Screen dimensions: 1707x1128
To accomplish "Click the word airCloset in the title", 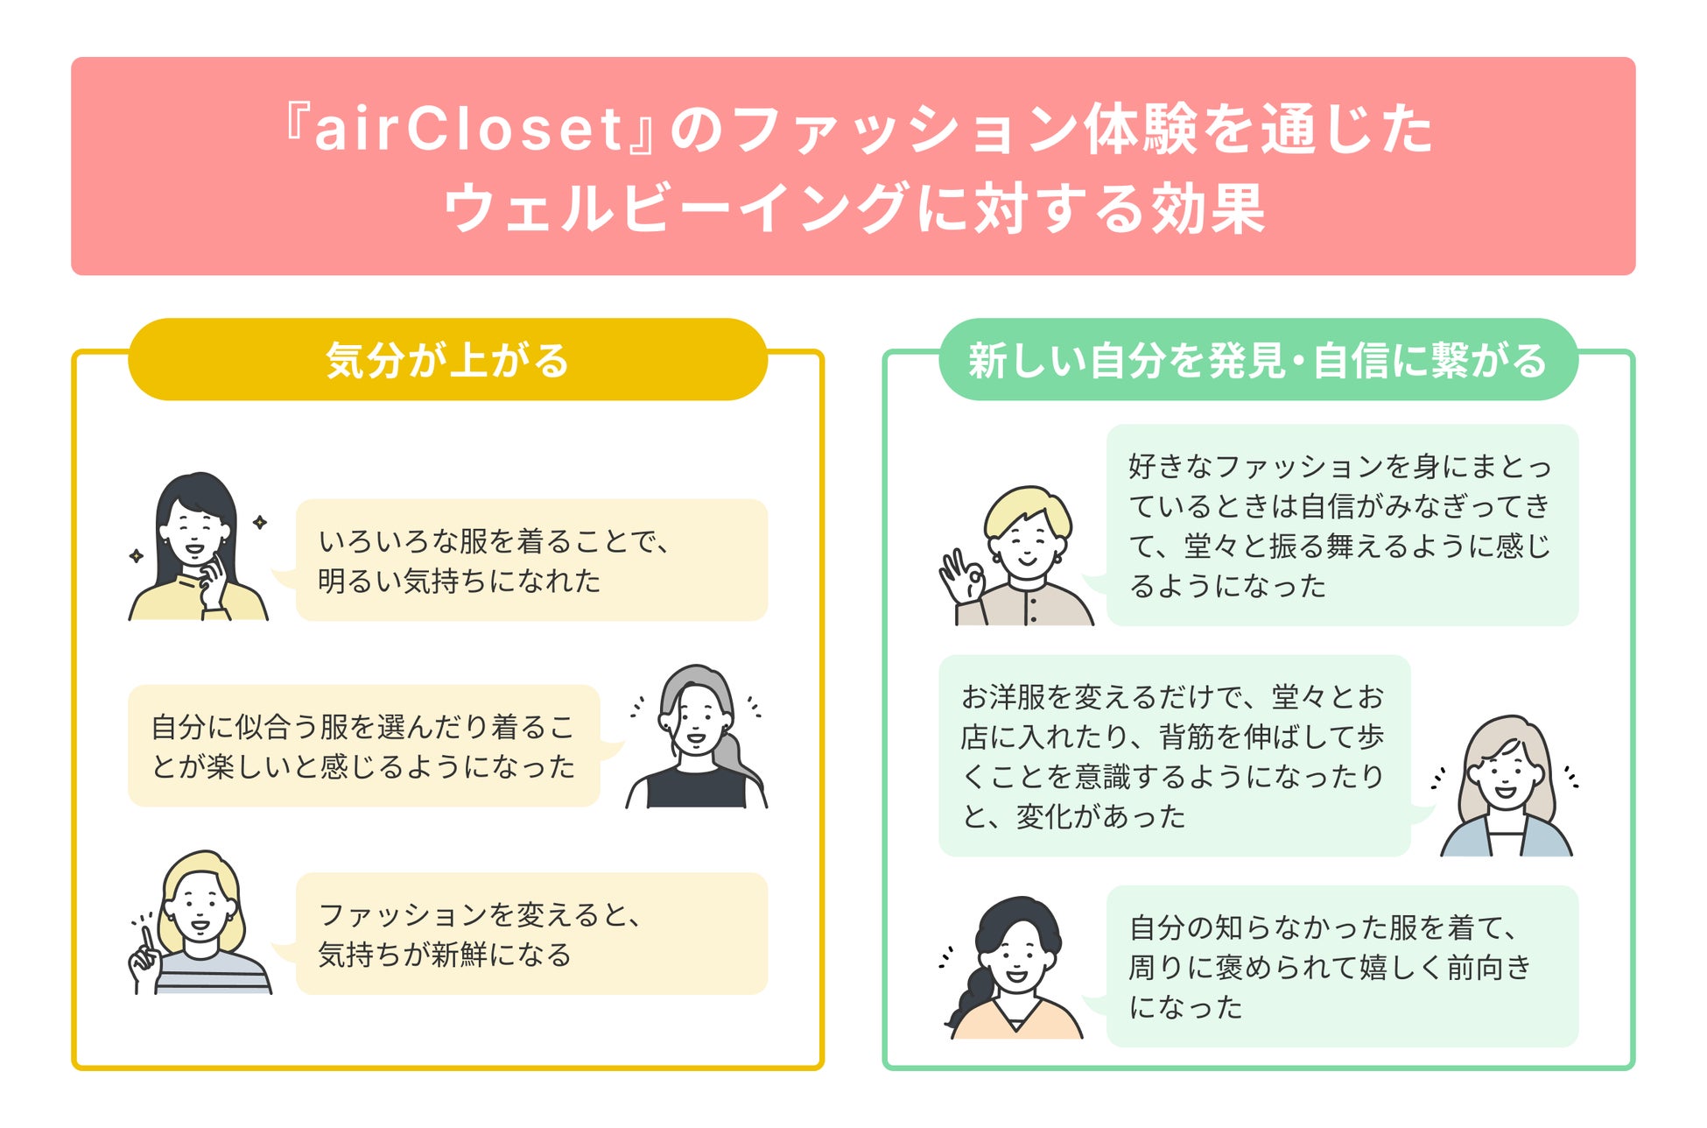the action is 467,130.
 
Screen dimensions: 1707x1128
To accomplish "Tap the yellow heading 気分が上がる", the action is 447,360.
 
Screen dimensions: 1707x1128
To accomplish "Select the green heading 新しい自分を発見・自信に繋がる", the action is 1257,360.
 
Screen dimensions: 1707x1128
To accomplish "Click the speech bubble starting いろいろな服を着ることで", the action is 531,560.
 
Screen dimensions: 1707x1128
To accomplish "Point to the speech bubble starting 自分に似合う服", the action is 363,746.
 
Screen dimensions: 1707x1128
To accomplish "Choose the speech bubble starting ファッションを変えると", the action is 531,934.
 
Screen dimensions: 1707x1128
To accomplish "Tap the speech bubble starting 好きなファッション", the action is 1341,525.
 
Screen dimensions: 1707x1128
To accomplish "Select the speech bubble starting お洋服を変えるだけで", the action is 1173,756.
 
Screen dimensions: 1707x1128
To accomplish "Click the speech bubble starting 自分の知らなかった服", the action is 1341,966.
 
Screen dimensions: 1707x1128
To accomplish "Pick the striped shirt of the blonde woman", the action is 214,975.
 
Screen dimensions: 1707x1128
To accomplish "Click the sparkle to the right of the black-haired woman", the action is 260,523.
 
